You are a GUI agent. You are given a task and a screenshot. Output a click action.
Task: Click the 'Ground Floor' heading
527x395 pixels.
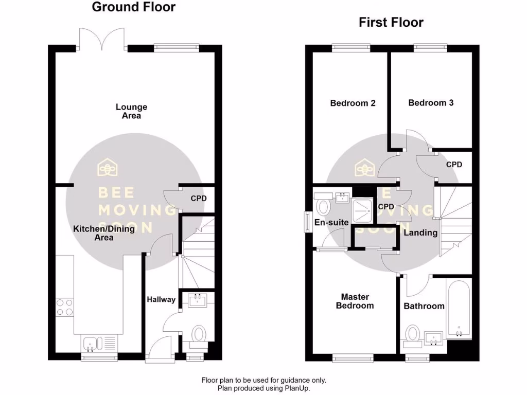point(133,7)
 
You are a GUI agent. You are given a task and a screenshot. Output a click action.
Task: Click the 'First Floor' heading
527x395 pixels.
point(391,22)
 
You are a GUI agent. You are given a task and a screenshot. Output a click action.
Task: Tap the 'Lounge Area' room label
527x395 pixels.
point(131,112)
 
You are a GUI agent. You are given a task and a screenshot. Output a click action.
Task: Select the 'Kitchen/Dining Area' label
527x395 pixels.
point(103,233)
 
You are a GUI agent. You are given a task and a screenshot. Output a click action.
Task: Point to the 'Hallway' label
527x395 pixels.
point(161,299)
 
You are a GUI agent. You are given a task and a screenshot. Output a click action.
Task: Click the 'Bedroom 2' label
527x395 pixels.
point(353,103)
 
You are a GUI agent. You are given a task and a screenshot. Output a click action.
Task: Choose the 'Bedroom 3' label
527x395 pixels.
point(431,102)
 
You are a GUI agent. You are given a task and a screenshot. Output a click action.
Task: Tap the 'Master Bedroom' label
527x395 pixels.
point(355,301)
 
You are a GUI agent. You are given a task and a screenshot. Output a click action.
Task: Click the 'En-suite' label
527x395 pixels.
point(332,223)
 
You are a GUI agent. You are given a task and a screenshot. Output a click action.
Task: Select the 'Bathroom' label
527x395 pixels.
point(424,306)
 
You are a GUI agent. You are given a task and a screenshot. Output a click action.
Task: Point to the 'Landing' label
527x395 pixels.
point(420,232)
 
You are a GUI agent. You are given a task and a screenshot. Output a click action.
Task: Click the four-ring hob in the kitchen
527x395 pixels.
point(64,307)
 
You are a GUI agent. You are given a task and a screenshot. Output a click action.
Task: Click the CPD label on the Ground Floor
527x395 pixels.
point(198,198)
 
